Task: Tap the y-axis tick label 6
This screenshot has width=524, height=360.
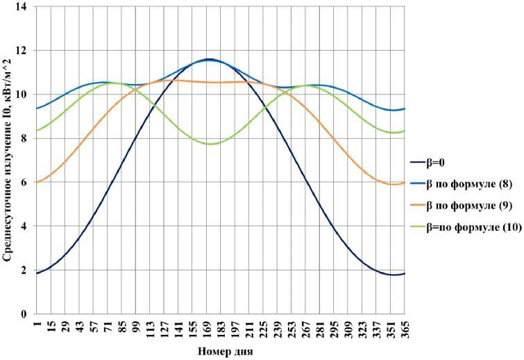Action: pyautogui.click(x=25, y=182)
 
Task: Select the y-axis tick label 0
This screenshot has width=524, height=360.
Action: pyautogui.click(x=25, y=314)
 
